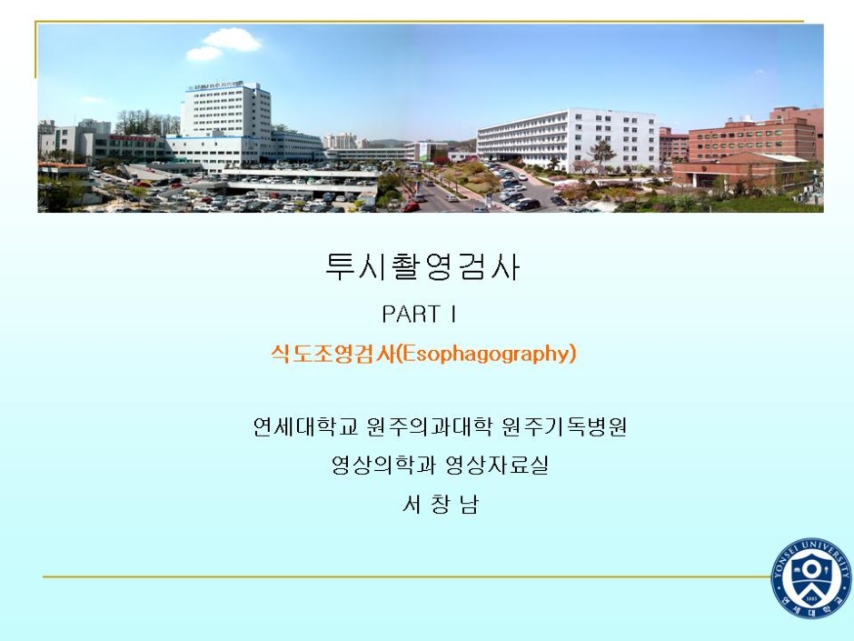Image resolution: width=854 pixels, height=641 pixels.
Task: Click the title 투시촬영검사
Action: point(422,267)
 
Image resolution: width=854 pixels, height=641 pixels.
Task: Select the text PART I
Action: point(419,314)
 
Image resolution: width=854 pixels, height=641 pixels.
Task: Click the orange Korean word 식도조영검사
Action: point(333,355)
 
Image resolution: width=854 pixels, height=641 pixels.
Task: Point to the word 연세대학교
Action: point(305,426)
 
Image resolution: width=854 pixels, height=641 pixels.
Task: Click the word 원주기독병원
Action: point(563,426)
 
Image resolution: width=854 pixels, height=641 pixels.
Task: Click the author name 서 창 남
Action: point(440,505)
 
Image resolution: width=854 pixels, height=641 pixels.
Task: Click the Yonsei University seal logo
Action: point(811,577)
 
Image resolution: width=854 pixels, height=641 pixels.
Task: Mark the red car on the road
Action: point(412,206)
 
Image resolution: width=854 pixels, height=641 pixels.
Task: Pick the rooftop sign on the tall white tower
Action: point(215,85)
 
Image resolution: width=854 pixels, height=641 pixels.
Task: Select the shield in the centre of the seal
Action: point(811,578)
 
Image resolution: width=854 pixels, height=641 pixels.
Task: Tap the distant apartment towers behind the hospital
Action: point(342,141)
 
